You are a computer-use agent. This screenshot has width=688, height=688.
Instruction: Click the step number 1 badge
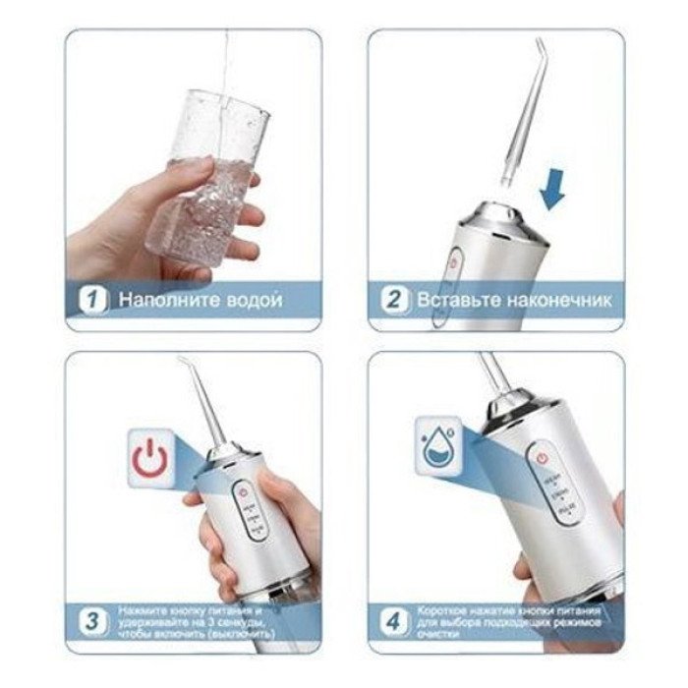tap(93, 300)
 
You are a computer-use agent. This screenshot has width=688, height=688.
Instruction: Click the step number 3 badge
tap(93, 623)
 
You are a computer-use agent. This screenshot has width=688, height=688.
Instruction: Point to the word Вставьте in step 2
tap(455, 300)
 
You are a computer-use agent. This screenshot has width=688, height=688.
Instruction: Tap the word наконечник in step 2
tap(554, 300)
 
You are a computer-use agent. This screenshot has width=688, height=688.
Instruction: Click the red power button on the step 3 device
tap(241, 488)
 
